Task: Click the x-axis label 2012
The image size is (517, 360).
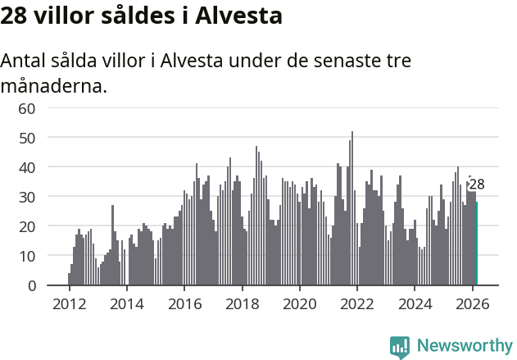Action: (69, 303)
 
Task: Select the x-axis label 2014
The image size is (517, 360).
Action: (126, 303)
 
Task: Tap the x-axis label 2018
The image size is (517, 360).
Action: (242, 303)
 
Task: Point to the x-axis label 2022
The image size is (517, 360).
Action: (357, 303)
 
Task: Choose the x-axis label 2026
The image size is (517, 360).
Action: (473, 303)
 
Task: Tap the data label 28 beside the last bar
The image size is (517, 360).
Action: (477, 185)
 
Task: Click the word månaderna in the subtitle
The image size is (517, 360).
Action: (54, 84)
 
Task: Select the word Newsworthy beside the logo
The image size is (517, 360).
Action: (465, 346)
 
